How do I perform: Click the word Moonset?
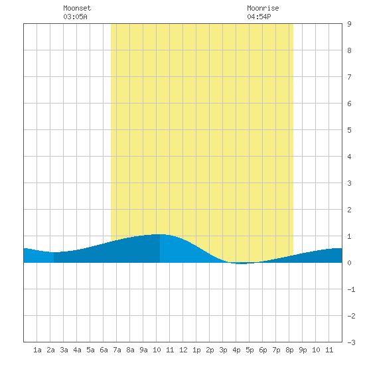[x=77, y=8]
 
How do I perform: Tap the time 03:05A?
[x=75, y=17]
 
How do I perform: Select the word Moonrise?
[x=263, y=8]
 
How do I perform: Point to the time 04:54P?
[x=259, y=17]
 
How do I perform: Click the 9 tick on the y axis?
[x=349, y=24]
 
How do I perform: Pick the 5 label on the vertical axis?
[x=349, y=130]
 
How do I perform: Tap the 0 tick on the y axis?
[x=349, y=263]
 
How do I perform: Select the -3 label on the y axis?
[x=351, y=342]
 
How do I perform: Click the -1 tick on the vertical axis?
[x=351, y=289]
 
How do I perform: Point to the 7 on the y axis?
[x=349, y=77]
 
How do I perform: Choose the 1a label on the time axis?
[x=37, y=350]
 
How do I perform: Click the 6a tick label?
[x=104, y=350]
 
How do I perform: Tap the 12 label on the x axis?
[x=183, y=350]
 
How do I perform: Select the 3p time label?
[x=223, y=350]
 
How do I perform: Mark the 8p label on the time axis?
[x=289, y=350]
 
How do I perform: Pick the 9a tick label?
[x=143, y=350]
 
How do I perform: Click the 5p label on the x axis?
[x=250, y=350]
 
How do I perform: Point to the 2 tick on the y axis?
[x=349, y=210]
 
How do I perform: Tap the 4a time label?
[x=77, y=350]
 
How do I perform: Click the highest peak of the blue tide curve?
[x=160, y=234]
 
